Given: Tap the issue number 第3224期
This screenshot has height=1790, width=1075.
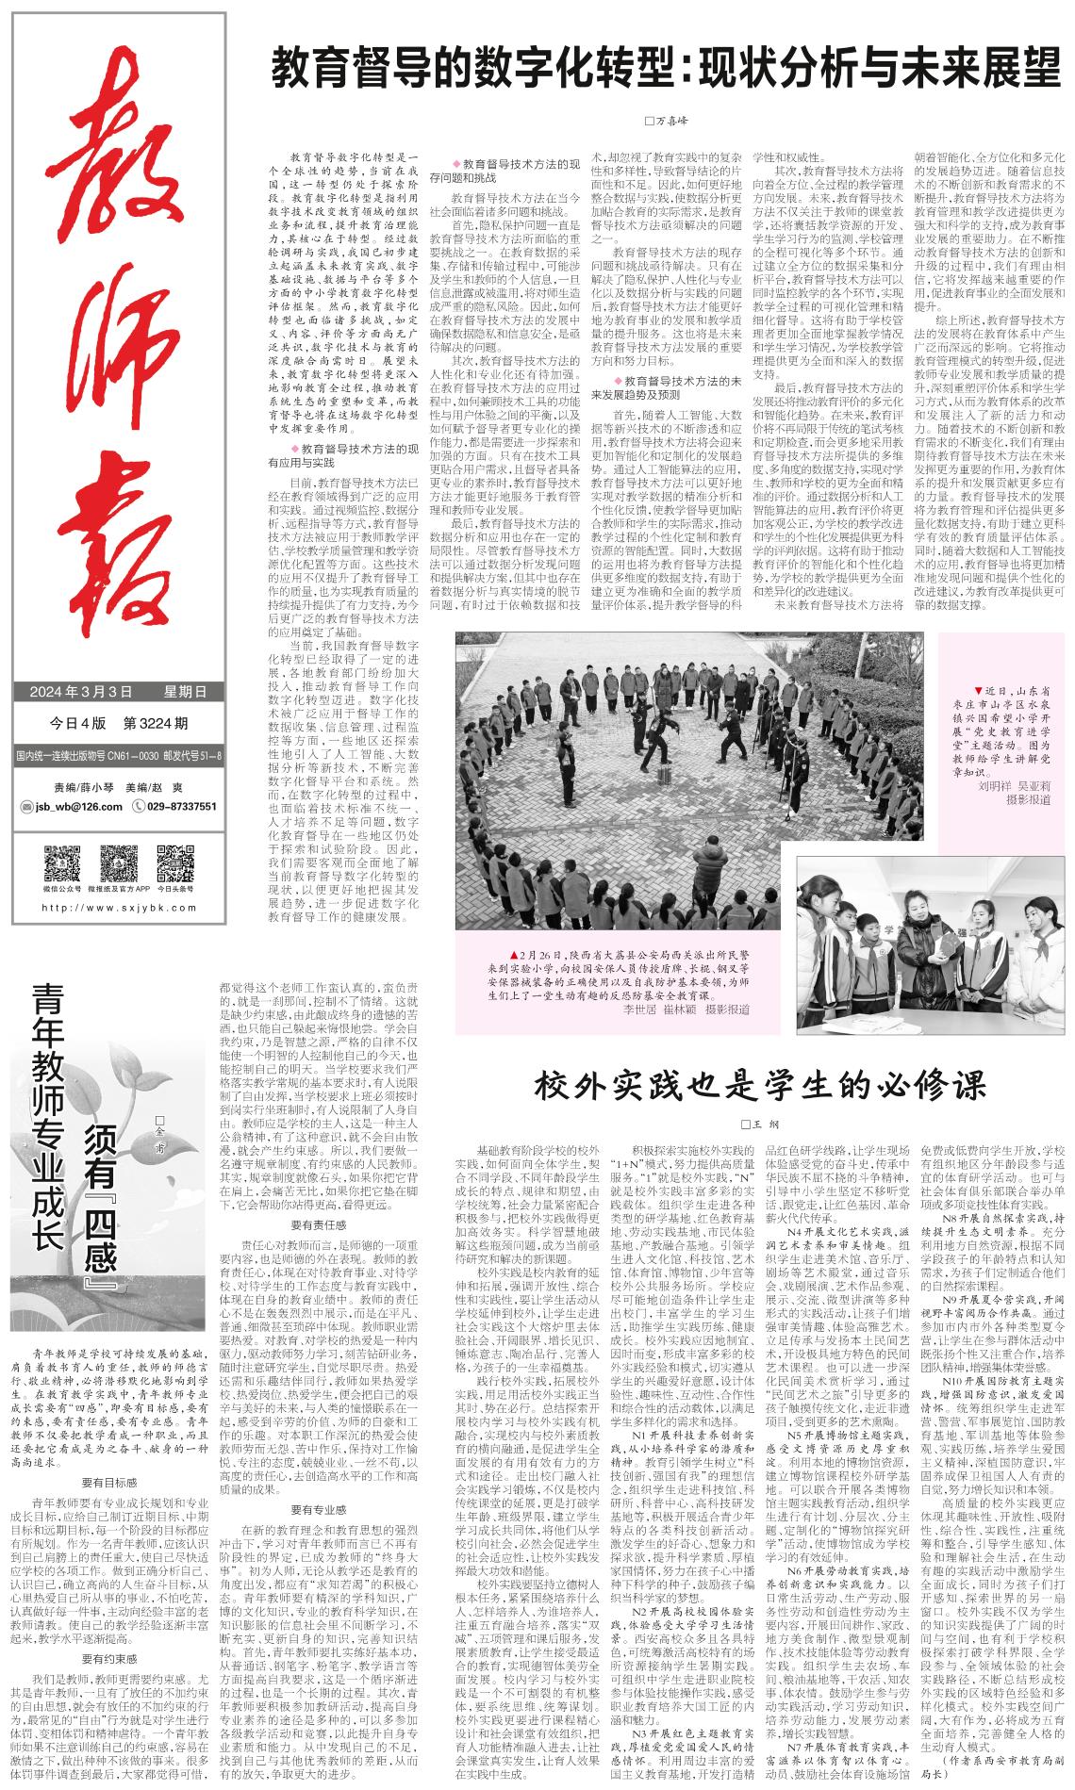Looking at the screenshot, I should (156, 724).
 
